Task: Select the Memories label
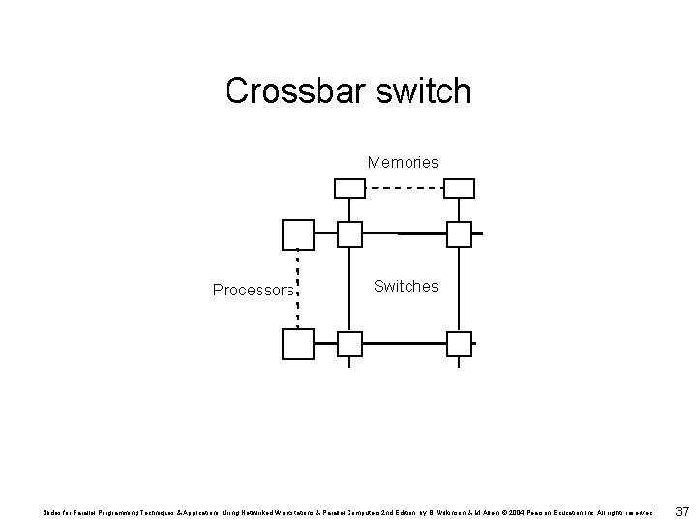pyautogui.click(x=403, y=162)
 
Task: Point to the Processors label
pyautogui.click(x=253, y=290)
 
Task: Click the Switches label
pyautogui.click(x=406, y=286)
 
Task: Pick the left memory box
pyautogui.click(x=349, y=188)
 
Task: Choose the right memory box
pyautogui.click(x=459, y=188)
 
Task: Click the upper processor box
pyautogui.click(x=297, y=234)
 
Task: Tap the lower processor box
pyautogui.click(x=297, y=344)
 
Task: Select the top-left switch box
pyautogui.click(x=349, y=234)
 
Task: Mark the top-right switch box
pyautogui.click(x=459, y=234)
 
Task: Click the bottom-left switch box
pyautogui.click(x=349, y=344)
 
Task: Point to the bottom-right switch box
pyautogui.click(x=459, y=344)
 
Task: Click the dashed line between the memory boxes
pyautogui.click(x=404, y=187)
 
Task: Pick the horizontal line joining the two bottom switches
pyautogui.click(x=404, y=344)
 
